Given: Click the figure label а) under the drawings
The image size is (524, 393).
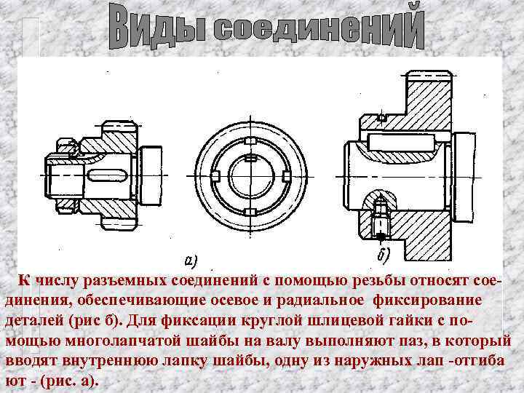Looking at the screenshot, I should [x=191, y=259].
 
